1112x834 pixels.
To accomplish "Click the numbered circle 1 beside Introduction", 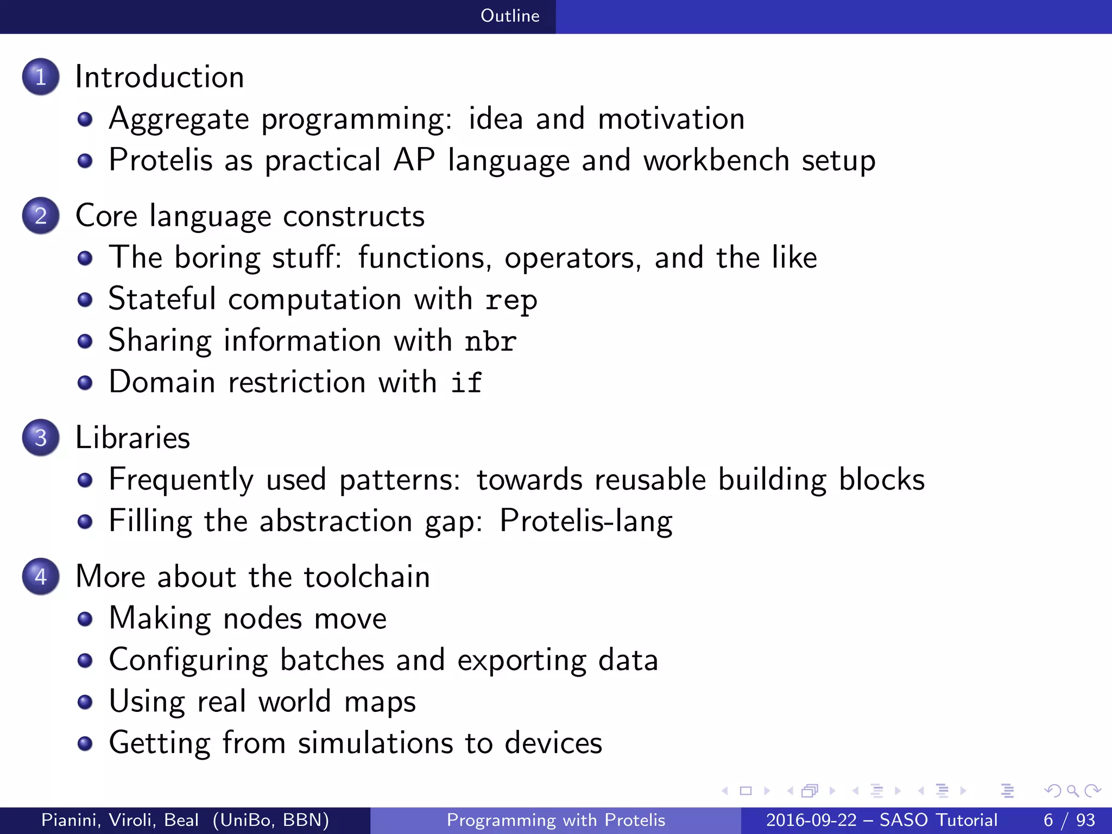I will coord(41,77).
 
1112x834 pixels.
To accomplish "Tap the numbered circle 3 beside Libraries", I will coord(41,438).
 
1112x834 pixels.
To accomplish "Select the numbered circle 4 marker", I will coord(41,577).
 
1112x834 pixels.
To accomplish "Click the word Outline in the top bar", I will coord(510,16).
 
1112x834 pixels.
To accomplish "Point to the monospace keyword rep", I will coord(511,300).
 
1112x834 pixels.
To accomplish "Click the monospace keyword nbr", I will coord(490,342).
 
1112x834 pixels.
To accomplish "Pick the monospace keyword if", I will coord(466,382).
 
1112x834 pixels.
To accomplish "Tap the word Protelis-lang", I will coord(586,521).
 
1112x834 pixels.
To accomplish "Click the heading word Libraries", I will coord(132,438).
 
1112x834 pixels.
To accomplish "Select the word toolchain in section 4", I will coord(367,577).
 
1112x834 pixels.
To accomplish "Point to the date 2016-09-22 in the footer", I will coord(811,820).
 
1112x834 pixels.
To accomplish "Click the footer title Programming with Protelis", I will coord(555,820).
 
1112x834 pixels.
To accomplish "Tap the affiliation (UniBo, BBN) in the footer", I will coord(270,820).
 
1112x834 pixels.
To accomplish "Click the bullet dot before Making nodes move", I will coord(85,619).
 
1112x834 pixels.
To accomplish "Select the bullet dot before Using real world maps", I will coord(85,702).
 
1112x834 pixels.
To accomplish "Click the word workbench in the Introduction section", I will coord(716,160).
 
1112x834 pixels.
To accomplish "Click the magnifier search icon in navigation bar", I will coord(1072,791).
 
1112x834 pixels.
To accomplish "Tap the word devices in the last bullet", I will coord(553,743).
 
